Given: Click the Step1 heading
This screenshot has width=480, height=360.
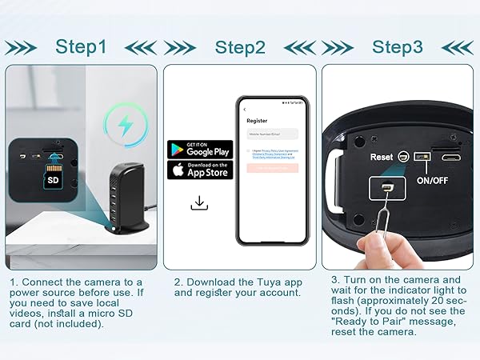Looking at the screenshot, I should click(80, 46).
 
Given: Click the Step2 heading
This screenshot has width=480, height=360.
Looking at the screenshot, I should click(240, 46).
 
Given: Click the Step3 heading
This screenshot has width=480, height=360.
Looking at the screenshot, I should click(398, 46).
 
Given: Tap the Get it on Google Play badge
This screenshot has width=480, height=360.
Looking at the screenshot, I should click(199, 150).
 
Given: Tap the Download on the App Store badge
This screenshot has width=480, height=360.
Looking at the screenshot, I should click(199, 170).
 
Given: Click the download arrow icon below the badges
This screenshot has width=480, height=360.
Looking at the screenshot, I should click(199, 203).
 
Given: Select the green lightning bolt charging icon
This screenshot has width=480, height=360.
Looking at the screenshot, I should click(126, 124).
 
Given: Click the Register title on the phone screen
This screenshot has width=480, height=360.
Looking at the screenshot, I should click(257, 121).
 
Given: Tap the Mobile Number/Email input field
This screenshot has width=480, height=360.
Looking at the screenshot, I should click(272, 134).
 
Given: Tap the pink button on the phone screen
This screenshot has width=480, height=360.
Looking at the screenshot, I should click(272, 168).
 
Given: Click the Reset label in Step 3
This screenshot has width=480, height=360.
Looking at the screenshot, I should click(382, 157).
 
